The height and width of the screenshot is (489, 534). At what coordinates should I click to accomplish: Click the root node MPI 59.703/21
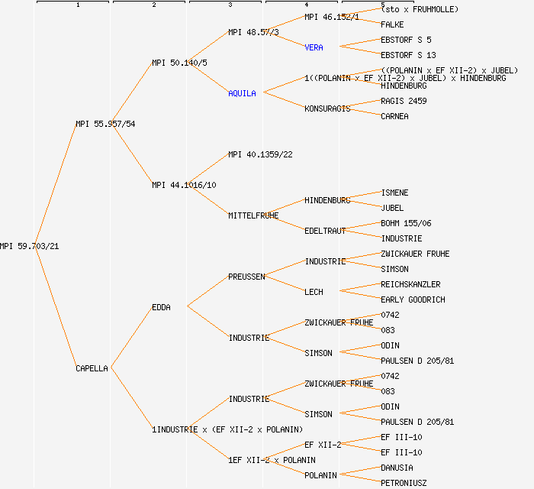point(29,246)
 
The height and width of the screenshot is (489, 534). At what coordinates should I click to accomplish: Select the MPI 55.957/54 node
point(105,124)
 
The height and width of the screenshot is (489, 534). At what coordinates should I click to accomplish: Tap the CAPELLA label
point(92,368)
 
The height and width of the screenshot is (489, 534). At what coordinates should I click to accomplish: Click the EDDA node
point(161,307)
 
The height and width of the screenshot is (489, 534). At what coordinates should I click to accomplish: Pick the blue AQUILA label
point(242,93)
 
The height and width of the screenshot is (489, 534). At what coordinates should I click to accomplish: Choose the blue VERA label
point(314,47)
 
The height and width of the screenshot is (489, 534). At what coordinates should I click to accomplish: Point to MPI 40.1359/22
point(260,154)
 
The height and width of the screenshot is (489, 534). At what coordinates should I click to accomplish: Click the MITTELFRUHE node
point(253,215)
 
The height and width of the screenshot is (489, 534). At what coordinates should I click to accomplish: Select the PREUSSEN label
point(246,277)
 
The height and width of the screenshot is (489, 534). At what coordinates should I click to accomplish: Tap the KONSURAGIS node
point(327,108)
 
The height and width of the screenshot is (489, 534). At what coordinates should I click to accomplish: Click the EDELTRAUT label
point(325,231)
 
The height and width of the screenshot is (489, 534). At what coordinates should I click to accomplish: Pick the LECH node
point(314,292)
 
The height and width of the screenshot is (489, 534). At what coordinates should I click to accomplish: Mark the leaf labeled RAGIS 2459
point(404,101)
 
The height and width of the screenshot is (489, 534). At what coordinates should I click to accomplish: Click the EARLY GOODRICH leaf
point(413,300)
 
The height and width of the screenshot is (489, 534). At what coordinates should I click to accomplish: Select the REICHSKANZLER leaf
point(410,284)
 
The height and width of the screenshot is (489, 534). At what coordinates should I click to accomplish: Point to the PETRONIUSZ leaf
point(404,483)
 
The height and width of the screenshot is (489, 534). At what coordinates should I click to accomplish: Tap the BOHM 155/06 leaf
point(406,223)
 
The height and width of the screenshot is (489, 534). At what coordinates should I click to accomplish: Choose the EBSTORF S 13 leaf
point(408,55)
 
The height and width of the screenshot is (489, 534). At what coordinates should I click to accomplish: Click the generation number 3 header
point(230,5)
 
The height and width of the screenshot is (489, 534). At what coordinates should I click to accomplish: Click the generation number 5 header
point(382,5)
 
